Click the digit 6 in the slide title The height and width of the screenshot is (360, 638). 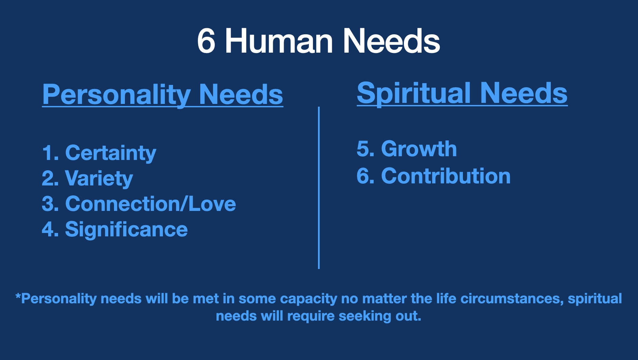206,41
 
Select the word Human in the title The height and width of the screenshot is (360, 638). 279,41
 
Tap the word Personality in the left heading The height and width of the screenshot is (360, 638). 116,95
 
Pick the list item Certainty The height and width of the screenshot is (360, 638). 111,153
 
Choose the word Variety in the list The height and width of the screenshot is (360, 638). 99,179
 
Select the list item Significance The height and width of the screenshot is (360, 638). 126,230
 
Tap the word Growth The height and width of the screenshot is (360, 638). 419,149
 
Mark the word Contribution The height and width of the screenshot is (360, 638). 446,176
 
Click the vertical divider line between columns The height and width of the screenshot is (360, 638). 319,188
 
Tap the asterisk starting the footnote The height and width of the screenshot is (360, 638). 18,296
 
